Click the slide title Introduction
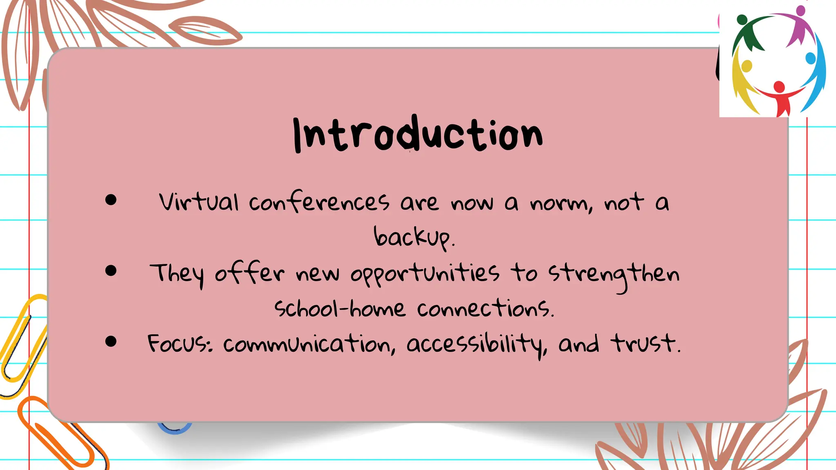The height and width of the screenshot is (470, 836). [418, 135]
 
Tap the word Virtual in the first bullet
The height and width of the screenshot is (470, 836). [199, 202]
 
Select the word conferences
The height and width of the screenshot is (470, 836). [319, 202]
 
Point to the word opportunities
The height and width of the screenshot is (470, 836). [425, 273]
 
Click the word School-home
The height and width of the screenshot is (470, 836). [340, 309]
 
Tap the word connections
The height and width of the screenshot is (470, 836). [485, 309]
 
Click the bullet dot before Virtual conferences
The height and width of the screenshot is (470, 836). [111, 200]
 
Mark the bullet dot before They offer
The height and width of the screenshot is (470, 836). [111, 270]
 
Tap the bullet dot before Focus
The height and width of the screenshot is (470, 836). [111, 341]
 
